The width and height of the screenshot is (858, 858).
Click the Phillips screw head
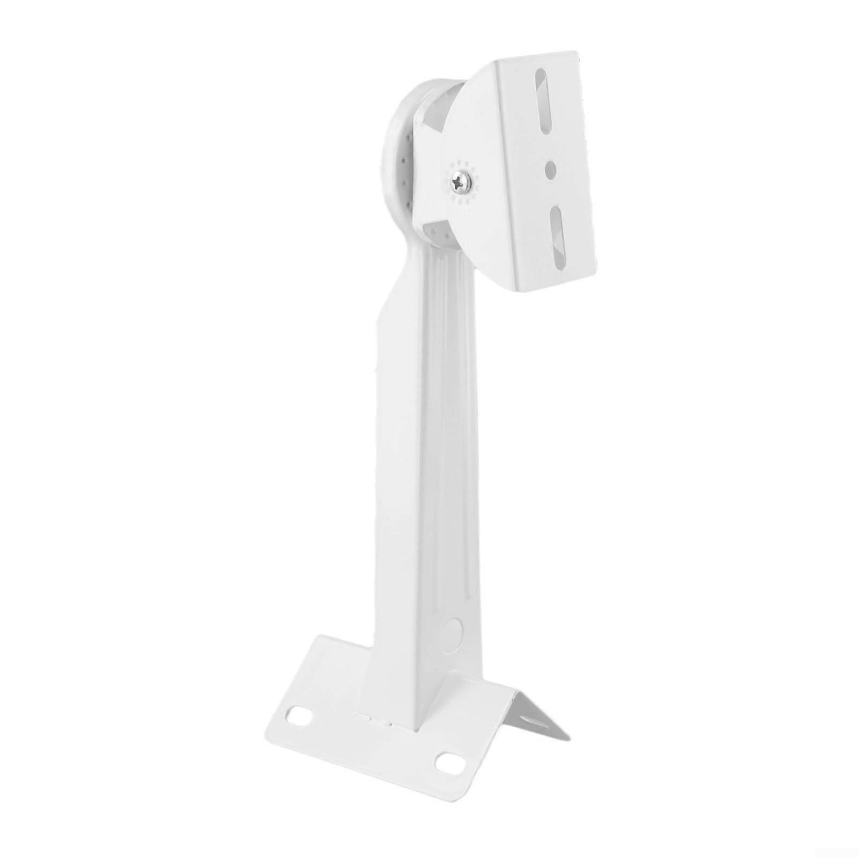coord(461,184)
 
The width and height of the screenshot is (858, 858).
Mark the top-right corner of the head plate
coord(575,54)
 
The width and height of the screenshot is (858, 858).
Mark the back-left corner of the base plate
coord(322,638)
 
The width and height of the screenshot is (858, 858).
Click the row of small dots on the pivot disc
coord(405,161)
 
